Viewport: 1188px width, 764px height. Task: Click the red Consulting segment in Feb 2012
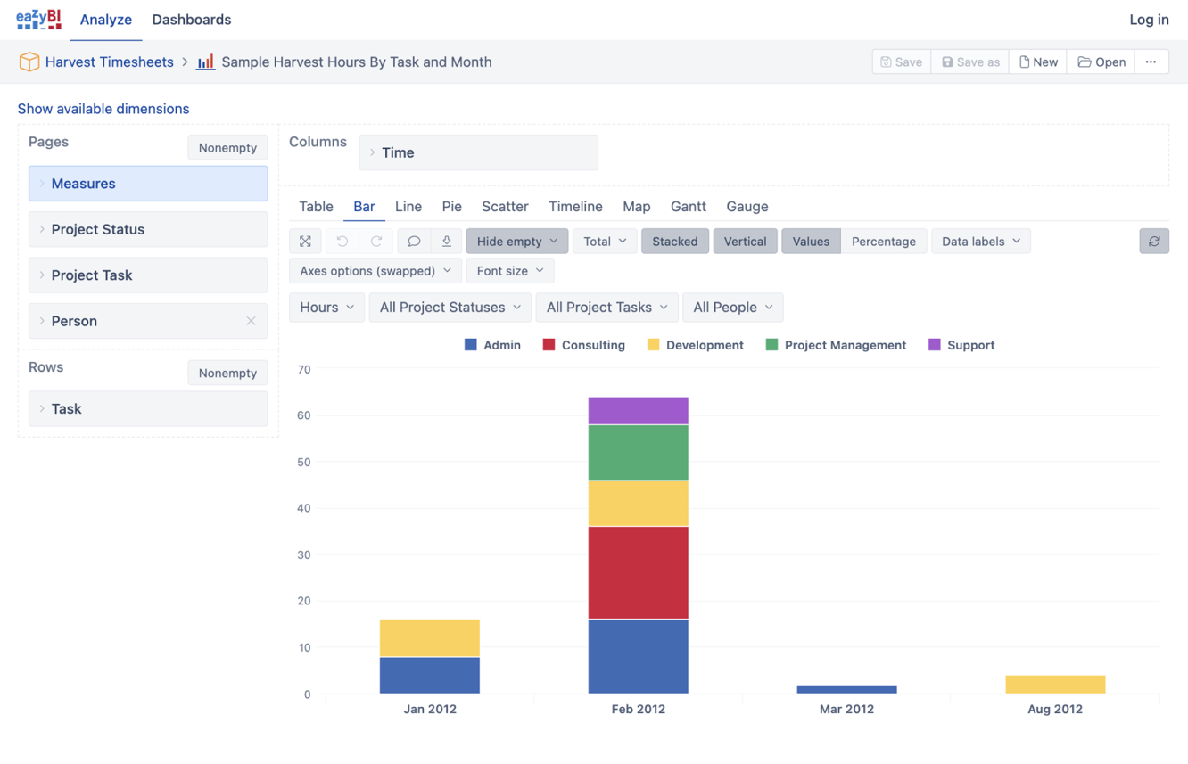click(x=638, y=572)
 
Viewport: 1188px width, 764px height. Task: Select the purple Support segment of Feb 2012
click(x=638, y=411)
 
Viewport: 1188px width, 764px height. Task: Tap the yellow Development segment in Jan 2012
click(x=429, y=638)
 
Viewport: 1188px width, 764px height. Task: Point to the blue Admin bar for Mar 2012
click(x=846, y=689)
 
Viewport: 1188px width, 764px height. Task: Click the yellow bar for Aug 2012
click(x=1055, y=684)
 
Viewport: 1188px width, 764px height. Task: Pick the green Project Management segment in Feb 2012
click(x=638, y=453)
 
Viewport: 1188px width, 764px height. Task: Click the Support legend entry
click(x=961, y=345)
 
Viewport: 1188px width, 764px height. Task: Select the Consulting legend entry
click(x=584, y=345)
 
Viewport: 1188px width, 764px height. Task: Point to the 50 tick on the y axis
click(x=304, y=462)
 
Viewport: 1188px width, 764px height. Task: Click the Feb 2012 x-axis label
click(x=638, y=709)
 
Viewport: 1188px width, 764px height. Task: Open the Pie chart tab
click(x=451, y=206)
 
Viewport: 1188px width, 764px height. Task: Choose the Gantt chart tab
click(x=688, y=206)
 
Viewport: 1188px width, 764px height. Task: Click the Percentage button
click(x=883, y=242)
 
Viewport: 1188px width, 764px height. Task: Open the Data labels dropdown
click(x=980, y=242)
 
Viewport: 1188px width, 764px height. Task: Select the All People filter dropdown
click(x=732, y=307)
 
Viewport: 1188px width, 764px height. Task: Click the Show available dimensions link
click(x=103, y=109)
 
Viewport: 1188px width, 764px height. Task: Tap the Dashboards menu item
click(x=191, y=20)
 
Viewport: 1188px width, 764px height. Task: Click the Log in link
click(x=1148, y=20)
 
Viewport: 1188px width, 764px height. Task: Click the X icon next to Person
click(x=251, y=321)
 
